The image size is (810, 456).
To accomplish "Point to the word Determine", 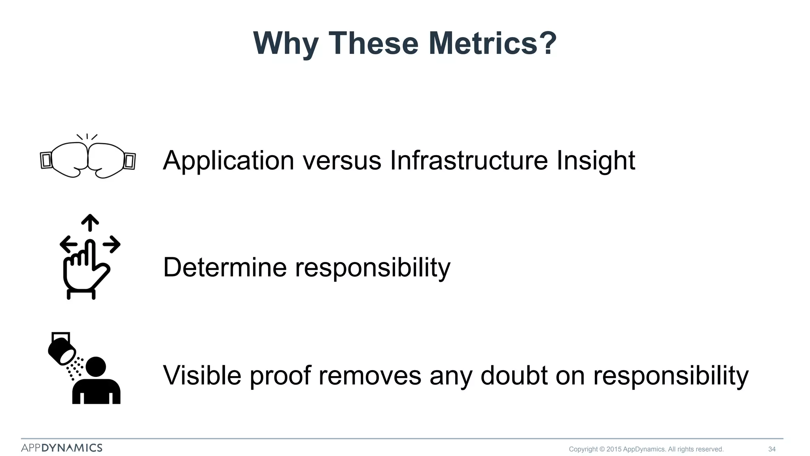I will pyautogui.click(x=225, y=267).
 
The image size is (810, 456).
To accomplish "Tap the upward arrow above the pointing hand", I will pyautogui.click(x=90, y=222).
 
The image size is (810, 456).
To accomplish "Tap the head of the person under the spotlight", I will pyautogui.click(x=96, y=367).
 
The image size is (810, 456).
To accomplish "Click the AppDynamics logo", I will pyautogui.click(x=62, y=448).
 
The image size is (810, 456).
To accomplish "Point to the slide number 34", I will pyautogui.click(x=772, y=449).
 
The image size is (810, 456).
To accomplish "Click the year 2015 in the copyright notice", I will pyautogui.click(x=614, y=449).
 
